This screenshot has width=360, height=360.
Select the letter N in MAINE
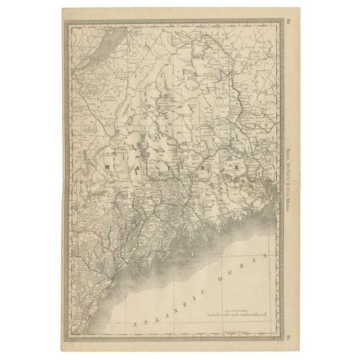201,167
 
